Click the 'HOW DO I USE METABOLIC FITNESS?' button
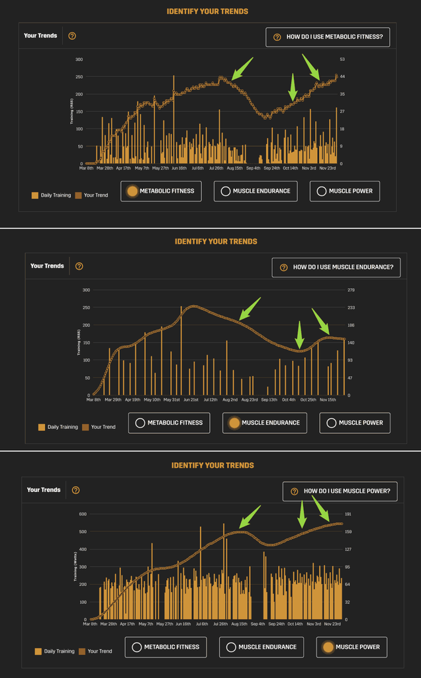[328, 37]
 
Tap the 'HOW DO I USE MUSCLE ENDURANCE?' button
[336, 267]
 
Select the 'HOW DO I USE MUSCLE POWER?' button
[340, 491]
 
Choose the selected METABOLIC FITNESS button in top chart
[162, 191]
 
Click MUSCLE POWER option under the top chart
[345, 191]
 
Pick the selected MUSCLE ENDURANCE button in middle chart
[264, 422]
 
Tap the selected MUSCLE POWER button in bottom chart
[351, 647]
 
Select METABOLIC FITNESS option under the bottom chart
[165, 647]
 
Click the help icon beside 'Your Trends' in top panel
[72, 36]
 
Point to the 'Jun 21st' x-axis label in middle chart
[191, 400]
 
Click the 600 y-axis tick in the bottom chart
[83, 514]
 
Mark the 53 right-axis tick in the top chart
[342, 60]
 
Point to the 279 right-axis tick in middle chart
[351, 290]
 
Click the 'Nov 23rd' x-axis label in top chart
[328, 168]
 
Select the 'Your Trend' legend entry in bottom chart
[96, 651]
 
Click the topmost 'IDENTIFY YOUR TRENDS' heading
[208, 11]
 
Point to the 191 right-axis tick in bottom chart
[348, 514]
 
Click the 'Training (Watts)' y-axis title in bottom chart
[76, 566]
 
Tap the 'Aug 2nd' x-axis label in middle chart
[230, 400]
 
